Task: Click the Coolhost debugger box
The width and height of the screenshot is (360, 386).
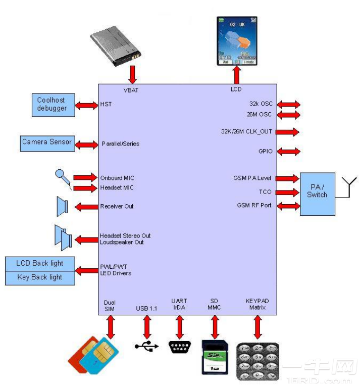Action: (52, 104)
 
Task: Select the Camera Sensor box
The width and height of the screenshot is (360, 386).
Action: (47, 143)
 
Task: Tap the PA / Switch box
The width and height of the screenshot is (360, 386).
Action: (317, 194)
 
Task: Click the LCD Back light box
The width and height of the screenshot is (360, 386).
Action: (40, 264)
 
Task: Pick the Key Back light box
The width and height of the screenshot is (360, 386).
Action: (40, 277)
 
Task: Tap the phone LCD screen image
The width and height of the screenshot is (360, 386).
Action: (236, 41)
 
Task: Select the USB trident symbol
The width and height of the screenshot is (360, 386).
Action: (147, 346)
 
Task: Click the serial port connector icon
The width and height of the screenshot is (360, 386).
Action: (180, 348)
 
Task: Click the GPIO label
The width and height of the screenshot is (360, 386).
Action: (265, 151)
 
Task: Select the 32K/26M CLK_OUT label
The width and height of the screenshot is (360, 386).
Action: (246, 132)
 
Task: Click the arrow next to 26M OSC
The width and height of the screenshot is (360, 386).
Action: (288, 115)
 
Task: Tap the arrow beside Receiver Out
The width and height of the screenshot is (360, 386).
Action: (86, 206)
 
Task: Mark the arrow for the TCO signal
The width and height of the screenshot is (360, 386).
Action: (288, 192)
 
